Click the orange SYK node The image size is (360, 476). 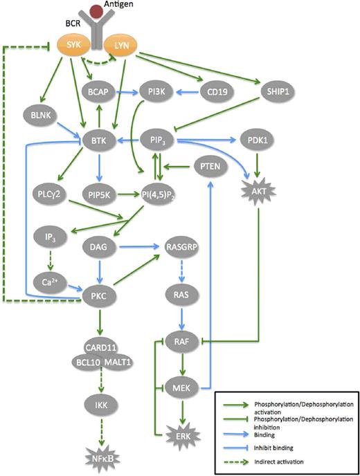click(x=77, y=46)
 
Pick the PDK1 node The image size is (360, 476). click(x=255, y=139)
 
